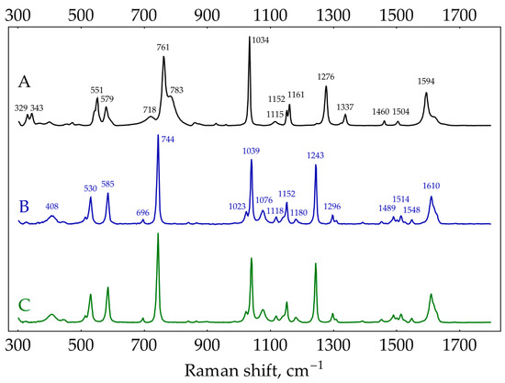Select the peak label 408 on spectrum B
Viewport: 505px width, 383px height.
(x=52, y=207)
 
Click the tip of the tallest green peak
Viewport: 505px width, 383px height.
(x=158, y=234)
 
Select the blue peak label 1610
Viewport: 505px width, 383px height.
(x=432, y=186)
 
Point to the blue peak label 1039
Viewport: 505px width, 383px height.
(x=252, y=151)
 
